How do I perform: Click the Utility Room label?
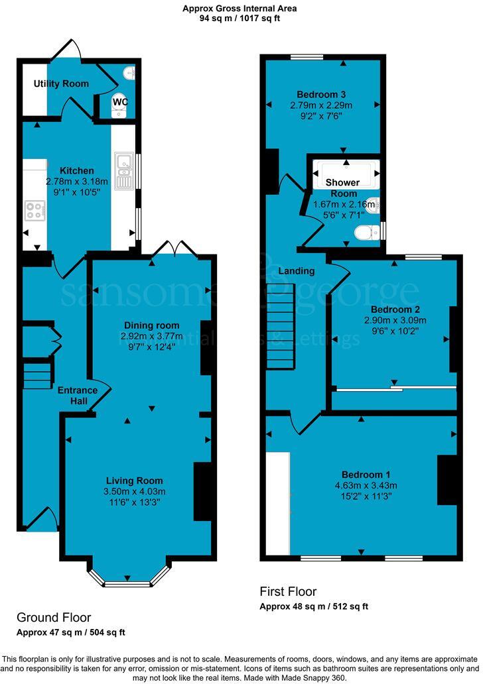coord(61,84)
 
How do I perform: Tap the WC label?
coord(119,102)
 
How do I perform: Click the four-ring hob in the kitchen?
coord(33,210)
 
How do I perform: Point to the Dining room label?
coord(152,325)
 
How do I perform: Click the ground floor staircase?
coord(38,376)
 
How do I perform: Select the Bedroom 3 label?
coord(320,94)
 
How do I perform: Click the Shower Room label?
coord(342,188)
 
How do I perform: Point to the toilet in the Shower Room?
coord(366,232)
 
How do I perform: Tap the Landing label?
coord(296,271)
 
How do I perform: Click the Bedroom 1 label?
coord(366,475)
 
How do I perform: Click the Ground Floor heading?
coord(54,617)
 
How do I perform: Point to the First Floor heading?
coord(288,591)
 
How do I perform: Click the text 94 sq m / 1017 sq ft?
coord(240,19)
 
